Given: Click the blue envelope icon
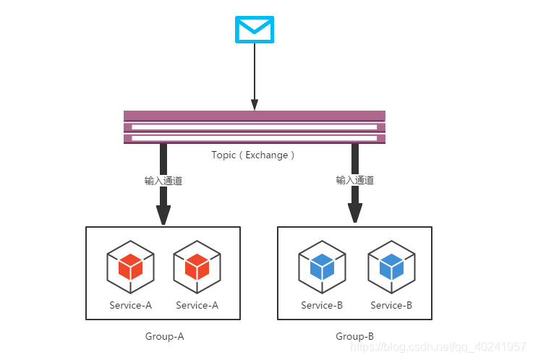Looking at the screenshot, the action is tap(255, 30).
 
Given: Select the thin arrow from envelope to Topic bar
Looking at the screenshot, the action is tap(255, 77).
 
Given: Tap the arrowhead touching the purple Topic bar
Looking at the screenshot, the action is tap(255, 105).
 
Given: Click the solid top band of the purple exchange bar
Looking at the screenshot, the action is tap(255, 116).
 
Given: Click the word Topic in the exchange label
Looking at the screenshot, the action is tap(223, 155).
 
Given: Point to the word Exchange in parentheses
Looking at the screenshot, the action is tap(267, 155).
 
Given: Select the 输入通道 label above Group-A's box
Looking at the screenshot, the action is tap(163, 181).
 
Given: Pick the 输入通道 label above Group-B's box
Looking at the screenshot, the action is tap(355, 180).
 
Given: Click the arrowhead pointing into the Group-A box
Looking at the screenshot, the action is tap(163, 215).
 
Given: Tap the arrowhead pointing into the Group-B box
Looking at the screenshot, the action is tap(355, 213).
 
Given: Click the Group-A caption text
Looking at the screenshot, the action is tap(164, 336).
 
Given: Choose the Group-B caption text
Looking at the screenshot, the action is tap(354, 336).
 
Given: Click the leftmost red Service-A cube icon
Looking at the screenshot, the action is tap(130, 267).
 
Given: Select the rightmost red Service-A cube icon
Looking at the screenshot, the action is tap(197, 267).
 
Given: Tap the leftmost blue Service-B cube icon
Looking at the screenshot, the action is tap(323, 267).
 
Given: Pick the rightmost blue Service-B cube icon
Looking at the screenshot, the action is tap(391, 267).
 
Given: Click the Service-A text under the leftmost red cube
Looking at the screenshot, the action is tap(130, 305).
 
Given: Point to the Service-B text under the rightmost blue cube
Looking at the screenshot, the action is tap(391, 305).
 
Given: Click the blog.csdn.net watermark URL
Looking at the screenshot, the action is tap(438, 347).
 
